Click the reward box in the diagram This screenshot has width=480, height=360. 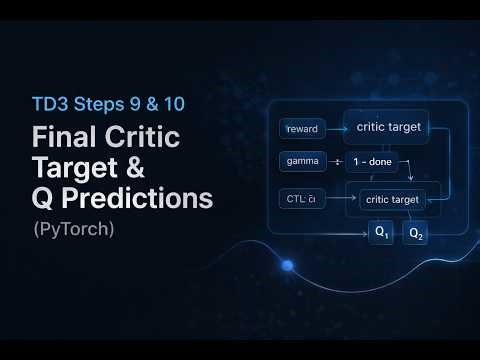click(302, 129)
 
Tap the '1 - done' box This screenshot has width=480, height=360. click(373, 161)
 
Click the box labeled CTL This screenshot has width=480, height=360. click(302, 198)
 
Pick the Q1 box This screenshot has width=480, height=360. click(382, 232)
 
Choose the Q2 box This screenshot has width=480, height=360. click(415, 234)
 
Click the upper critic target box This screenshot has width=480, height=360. click(381, 127)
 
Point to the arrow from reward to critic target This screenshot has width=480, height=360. click(334, 129)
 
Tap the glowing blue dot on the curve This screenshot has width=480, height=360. click(288, 266)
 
